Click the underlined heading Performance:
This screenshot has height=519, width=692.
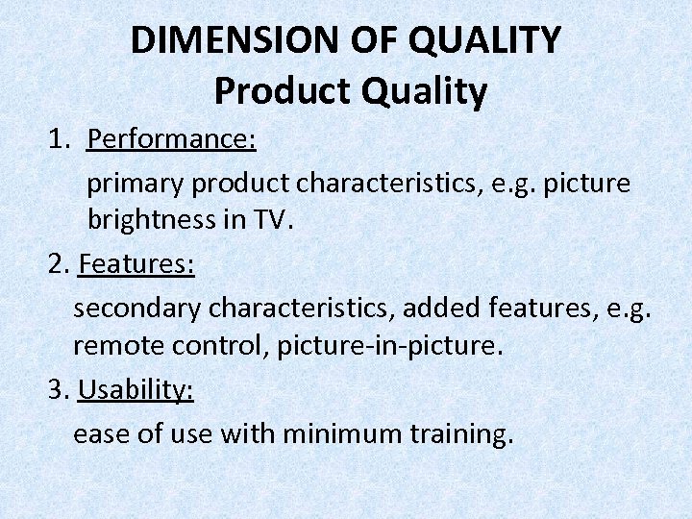coord(171,139)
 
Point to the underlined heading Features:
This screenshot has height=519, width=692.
coord(136,264)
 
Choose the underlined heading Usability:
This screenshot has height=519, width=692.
coord(136,389)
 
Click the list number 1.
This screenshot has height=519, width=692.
coord(59,139)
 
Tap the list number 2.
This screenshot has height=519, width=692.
coord(57,264)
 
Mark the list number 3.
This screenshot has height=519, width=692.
coord(57,389)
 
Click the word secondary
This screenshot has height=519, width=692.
coord(136,309)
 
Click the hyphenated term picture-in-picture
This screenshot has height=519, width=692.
coord(389,345)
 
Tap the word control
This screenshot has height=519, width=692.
coord(222,345)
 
